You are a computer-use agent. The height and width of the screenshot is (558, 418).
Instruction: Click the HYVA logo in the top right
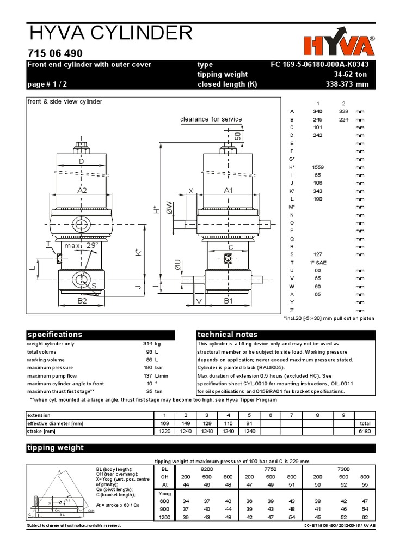340,46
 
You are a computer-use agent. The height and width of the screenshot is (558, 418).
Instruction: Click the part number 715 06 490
54,53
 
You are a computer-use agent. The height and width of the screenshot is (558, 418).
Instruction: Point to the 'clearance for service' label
211,119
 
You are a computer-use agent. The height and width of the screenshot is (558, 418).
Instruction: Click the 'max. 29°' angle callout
81,246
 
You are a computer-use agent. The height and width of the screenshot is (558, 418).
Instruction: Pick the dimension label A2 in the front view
82,191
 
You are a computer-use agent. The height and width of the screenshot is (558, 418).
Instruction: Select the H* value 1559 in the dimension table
318,167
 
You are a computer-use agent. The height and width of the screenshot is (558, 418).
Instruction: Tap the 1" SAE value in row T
318,262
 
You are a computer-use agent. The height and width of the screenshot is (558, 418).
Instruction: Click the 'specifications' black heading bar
101,334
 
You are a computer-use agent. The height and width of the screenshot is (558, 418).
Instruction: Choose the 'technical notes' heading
286,334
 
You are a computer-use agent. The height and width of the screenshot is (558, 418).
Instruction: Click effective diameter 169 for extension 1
164,423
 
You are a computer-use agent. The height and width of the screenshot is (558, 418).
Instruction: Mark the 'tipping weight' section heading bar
201,448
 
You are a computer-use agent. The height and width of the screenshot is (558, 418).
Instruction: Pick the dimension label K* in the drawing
138,253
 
